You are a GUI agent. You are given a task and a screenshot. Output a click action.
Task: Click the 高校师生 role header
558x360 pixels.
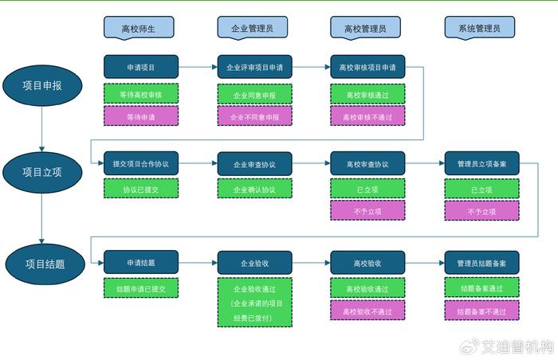point(139,27)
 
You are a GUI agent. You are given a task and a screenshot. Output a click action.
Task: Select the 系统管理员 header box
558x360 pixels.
point(480,27)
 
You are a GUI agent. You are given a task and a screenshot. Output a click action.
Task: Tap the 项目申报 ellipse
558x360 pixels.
point(42,85)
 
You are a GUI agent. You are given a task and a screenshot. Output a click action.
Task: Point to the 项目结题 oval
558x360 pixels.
point(45,264)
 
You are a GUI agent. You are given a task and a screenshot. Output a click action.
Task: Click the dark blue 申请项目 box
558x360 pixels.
point(141,67)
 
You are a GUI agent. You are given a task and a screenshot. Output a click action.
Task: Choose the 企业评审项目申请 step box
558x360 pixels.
point(255,67)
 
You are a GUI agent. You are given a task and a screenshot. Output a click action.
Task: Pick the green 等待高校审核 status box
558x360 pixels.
point(141,94)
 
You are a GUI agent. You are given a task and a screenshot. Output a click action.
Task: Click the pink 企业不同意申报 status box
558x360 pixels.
point(255,116)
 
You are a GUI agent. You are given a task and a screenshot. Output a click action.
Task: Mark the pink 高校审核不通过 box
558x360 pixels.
point(367,116)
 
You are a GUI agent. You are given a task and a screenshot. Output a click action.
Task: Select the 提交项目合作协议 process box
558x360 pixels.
point(141,163)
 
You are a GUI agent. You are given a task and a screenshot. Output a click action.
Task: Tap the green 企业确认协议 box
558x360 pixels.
point(255,189)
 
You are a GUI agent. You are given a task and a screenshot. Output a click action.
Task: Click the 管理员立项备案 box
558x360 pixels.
point(481,163)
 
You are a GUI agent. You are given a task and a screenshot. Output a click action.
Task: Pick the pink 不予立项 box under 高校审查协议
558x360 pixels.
point(367,210)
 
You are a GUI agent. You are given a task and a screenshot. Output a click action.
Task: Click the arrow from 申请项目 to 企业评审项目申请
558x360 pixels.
point(198,67)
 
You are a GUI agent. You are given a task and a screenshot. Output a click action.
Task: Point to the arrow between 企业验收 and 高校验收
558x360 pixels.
point(312,263)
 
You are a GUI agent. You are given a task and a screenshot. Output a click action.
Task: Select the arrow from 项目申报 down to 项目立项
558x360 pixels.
point(42,129)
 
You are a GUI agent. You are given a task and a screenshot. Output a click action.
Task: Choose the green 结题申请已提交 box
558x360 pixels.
point(141,288)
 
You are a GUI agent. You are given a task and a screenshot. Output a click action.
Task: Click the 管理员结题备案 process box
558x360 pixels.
point(481,263)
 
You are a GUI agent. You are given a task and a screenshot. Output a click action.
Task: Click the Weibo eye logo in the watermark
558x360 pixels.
point(469,346)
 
